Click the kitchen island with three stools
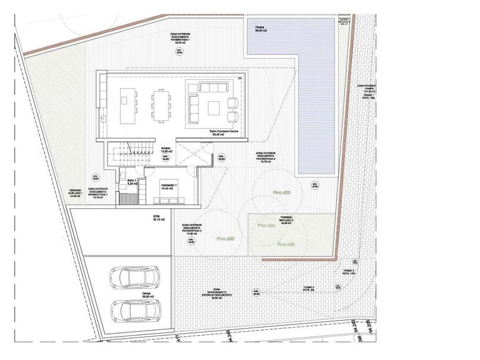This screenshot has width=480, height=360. tap(128, 104)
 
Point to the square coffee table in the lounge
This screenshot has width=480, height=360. tap(214, 105)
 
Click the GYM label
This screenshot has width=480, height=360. tap(157, 218)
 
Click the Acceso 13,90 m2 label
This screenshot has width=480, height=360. tap(166, 150)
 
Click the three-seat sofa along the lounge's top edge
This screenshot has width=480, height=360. tap(214, 86)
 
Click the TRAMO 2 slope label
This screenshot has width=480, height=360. tap(349, 272)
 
